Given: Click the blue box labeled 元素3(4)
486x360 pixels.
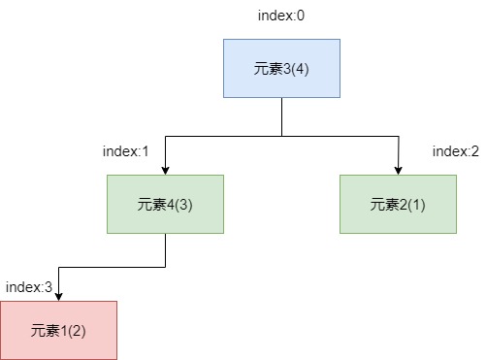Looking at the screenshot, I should [x=281, y=68].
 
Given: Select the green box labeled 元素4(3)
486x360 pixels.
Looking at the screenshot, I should [x=165, y=204].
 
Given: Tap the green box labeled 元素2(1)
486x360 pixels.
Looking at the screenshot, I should [x=398, y=204].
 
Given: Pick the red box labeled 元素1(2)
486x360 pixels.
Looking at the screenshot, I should [x=58, y=330].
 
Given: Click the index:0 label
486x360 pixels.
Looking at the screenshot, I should [x=281, y=16].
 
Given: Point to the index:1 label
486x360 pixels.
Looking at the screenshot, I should [x=126, y=151].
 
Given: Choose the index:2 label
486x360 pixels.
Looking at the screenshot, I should [x=456, y=151].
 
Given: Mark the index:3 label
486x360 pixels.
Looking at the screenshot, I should [x=29, y=287].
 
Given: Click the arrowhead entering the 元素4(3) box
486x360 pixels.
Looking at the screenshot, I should [x=165, y=170].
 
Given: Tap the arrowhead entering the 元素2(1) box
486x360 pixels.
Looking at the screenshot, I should [x=398, y=170].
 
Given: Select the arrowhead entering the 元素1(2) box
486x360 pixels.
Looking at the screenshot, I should [x=58, y=296].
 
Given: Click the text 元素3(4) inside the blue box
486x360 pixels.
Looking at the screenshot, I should [x=281, y=68].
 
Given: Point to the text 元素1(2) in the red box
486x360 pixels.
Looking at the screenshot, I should [x=58, y=330].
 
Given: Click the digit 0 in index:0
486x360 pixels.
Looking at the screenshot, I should [x=302, y=16].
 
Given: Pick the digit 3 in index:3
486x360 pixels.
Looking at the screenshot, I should [x=49, y=287].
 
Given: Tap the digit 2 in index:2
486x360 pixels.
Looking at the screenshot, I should [x=476, y=151].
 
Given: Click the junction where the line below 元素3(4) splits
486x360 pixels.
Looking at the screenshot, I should [x=281, y=136].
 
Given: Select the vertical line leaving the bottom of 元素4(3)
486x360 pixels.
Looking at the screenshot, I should [x=165, y=249].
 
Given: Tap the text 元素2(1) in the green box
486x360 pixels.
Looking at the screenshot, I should [x=398, y=204].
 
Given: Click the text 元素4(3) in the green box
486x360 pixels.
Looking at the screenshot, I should [x=165, y=204].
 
